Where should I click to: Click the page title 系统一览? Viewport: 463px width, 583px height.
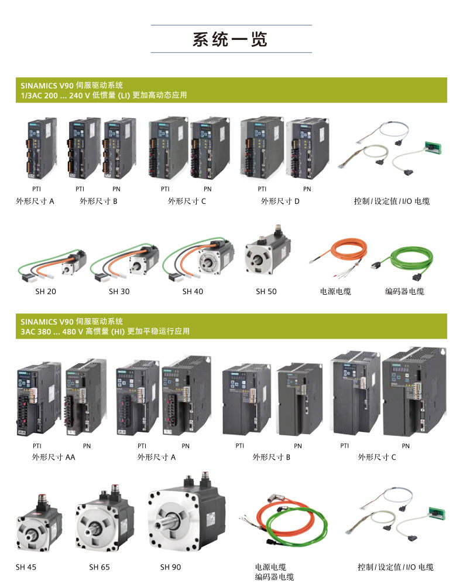click(x=230, y=39)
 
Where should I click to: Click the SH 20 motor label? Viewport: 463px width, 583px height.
click(x=46, y=292)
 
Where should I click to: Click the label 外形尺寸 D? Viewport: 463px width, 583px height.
click(x=280, y=201)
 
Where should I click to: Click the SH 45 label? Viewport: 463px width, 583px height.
click(x=26, y=567)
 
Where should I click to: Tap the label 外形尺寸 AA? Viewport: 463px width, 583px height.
click(x=53, y=457)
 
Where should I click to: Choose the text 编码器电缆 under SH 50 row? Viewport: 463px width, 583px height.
click(x=404, y=292)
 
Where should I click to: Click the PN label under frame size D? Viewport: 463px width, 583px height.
click(x=307, y=189)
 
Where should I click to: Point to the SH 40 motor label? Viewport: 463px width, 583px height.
click(x=193, y=292)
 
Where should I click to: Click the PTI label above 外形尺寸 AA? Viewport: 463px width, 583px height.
click(x=37, y=446)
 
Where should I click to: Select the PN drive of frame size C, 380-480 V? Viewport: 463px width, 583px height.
click(x=414, y=390)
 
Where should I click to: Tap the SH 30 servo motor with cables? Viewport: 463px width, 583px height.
click(x=124, y=262)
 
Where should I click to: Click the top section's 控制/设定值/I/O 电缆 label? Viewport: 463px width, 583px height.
click(x=392, y=201)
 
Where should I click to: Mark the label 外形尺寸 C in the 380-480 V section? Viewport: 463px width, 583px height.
click(x=377, y=457)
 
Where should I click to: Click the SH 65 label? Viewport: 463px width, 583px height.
click(x=100, y=567)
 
